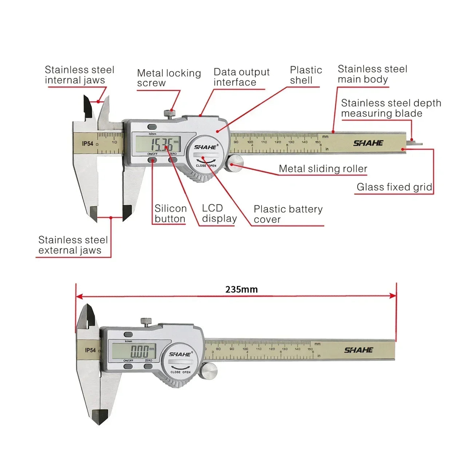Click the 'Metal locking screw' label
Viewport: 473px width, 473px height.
point(169,78)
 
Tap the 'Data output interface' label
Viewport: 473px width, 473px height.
point(241,77)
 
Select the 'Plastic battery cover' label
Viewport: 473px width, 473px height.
point(288,214)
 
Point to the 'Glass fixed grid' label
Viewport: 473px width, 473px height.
point(394,187)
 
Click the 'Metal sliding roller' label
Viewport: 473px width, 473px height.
point(323,169)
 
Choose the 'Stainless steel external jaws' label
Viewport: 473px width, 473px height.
point(73,245)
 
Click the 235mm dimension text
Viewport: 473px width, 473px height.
point(241,289)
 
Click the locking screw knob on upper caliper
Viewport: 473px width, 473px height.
point(168,113)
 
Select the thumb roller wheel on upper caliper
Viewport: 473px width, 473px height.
point(235,163)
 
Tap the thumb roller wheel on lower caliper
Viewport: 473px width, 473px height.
point(210,370)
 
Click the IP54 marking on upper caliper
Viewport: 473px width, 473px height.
point(87,144)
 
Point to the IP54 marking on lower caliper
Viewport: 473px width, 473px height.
point(90,350)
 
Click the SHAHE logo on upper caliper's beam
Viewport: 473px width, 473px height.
point(368,143)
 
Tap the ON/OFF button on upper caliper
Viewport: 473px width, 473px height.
point(152,160)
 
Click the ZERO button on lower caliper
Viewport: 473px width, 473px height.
point(148,366)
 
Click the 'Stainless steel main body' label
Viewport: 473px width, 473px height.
point(372,74)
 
